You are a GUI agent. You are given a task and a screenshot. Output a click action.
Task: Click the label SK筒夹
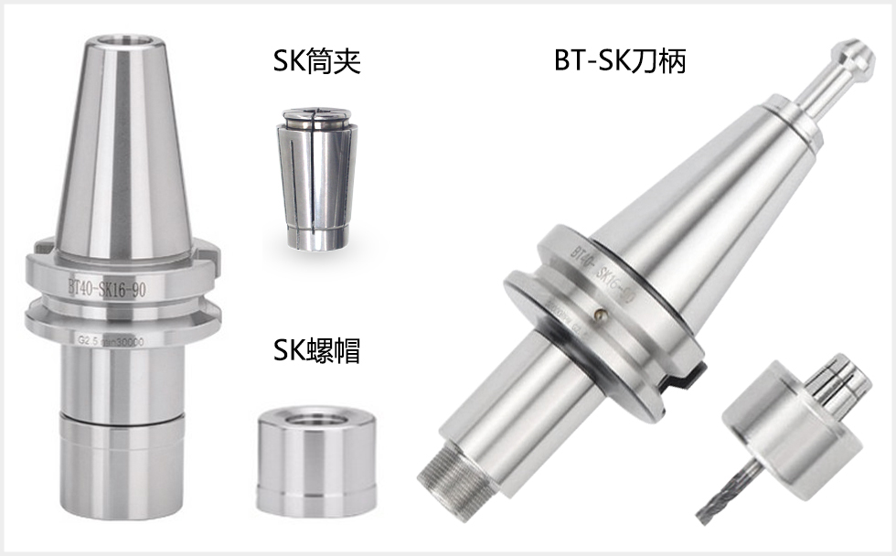(x=316, y=62)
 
